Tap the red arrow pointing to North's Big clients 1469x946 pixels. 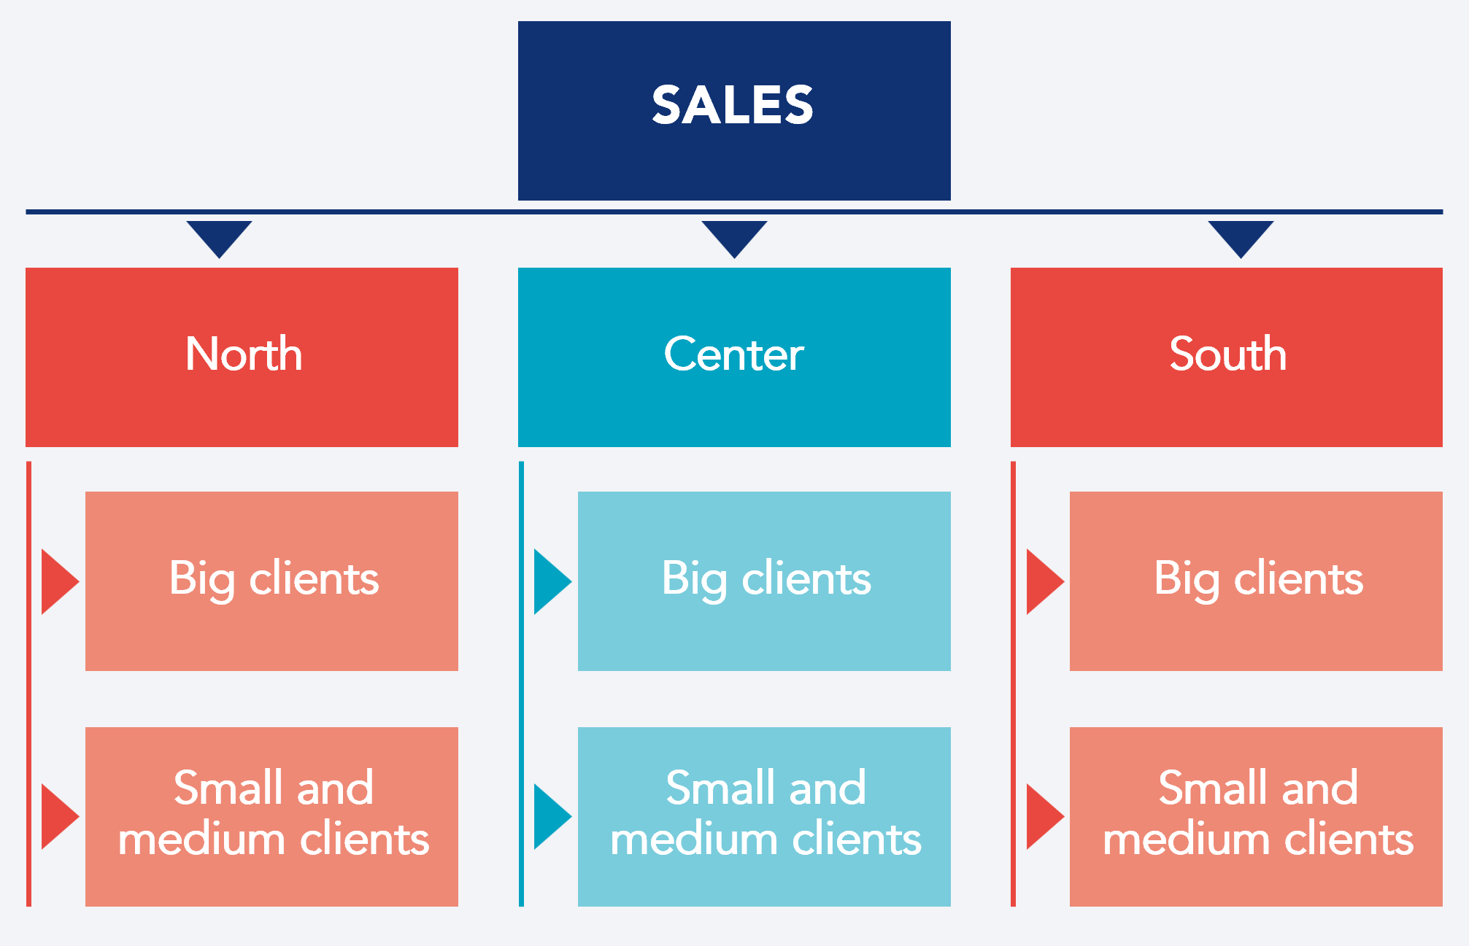57,581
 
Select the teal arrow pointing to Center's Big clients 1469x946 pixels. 550,581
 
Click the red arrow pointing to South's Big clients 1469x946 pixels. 1042,581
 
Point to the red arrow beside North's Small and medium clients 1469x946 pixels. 57,816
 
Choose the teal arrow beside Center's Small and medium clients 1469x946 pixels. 550,816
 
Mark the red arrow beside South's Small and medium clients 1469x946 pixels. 1042,816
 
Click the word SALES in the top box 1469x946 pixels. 732,105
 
